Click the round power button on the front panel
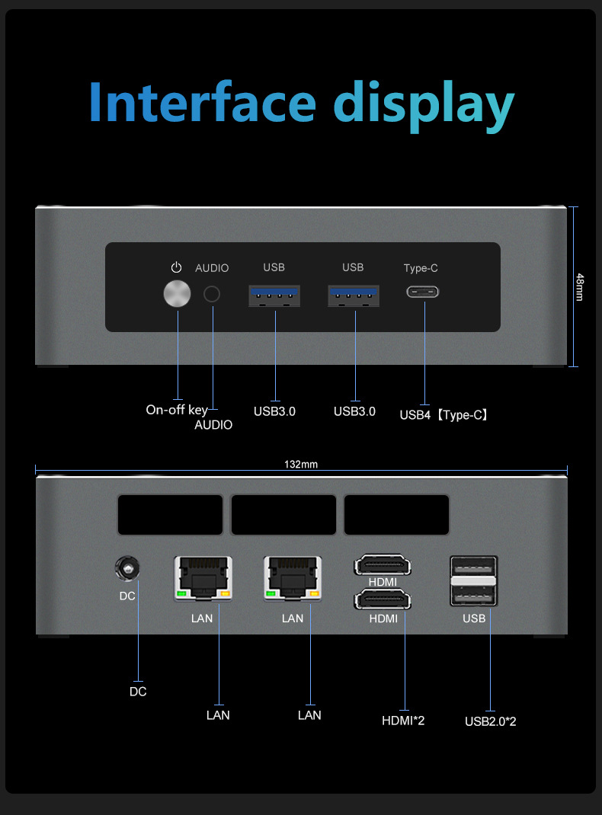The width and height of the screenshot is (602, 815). pyautogui.click(x=178, y=294)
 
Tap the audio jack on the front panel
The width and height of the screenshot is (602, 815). pyautogui.click(x=212, y=294)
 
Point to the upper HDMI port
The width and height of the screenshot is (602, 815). pyautogui.click(x=383, y=566)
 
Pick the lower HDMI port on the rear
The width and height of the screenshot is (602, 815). pyautogui.click(x=383, y=600)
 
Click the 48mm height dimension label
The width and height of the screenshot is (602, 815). pyautogui.click(x=580, y=286)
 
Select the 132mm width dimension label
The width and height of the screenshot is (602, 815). pyautogui.click(x=300, y=465)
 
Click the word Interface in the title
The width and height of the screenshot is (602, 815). pyautogui.click(x=202, y=102)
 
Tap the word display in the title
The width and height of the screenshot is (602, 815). pyautogui.click(x=424, y=104)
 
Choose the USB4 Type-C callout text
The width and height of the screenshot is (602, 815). pyautogui.click(x=443, y=415)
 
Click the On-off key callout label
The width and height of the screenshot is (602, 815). pyautogui.click(x=176, y=410)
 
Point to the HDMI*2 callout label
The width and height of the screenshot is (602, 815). pyautogui.click(x=403, y=720)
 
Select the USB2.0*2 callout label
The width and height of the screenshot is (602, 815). pyautogui.click(x=490, y=721)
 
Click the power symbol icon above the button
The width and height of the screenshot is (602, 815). pyautogui.click(x=177, y=267)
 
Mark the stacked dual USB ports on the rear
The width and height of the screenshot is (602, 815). pyautogui.click(x=474, y=581)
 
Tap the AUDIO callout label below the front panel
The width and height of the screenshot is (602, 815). pyautogui.click(x=213, y=425)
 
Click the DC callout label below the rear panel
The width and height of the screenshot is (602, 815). pyautogui.click(x=138, y=692)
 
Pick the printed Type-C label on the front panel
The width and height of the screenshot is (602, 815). pyautogui.click(x=421, y=268)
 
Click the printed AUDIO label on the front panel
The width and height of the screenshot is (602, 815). pyautogui.click(x=212, y=268)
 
